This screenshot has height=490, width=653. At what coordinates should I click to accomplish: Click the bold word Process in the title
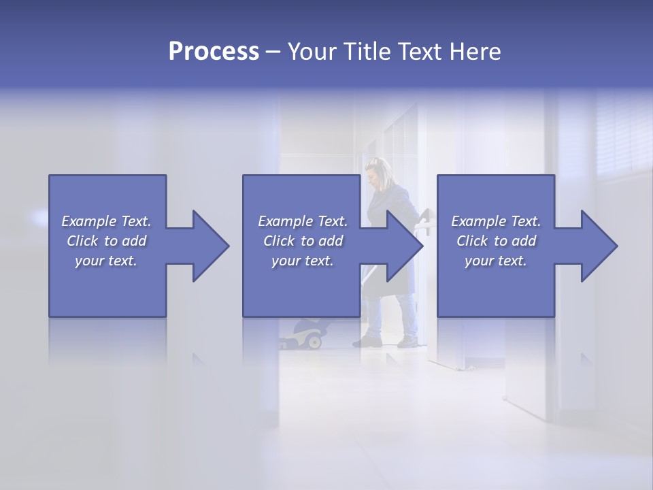coord(214,52)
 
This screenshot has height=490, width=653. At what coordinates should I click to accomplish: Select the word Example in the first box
coord(89,221)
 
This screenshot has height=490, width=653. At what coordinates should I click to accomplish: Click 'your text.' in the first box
coord(106,261)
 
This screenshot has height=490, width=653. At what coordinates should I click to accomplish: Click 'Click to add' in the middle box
coord(303,241)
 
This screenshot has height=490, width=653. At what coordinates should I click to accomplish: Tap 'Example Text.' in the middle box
coord(303,221)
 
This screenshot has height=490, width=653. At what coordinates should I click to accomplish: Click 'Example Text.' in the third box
coord(496,221)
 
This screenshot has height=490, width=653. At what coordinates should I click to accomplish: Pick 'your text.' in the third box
coord(496,261)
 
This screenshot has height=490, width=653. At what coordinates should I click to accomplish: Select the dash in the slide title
coord(273,52)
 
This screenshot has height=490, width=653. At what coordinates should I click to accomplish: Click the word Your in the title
coord(312,52)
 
